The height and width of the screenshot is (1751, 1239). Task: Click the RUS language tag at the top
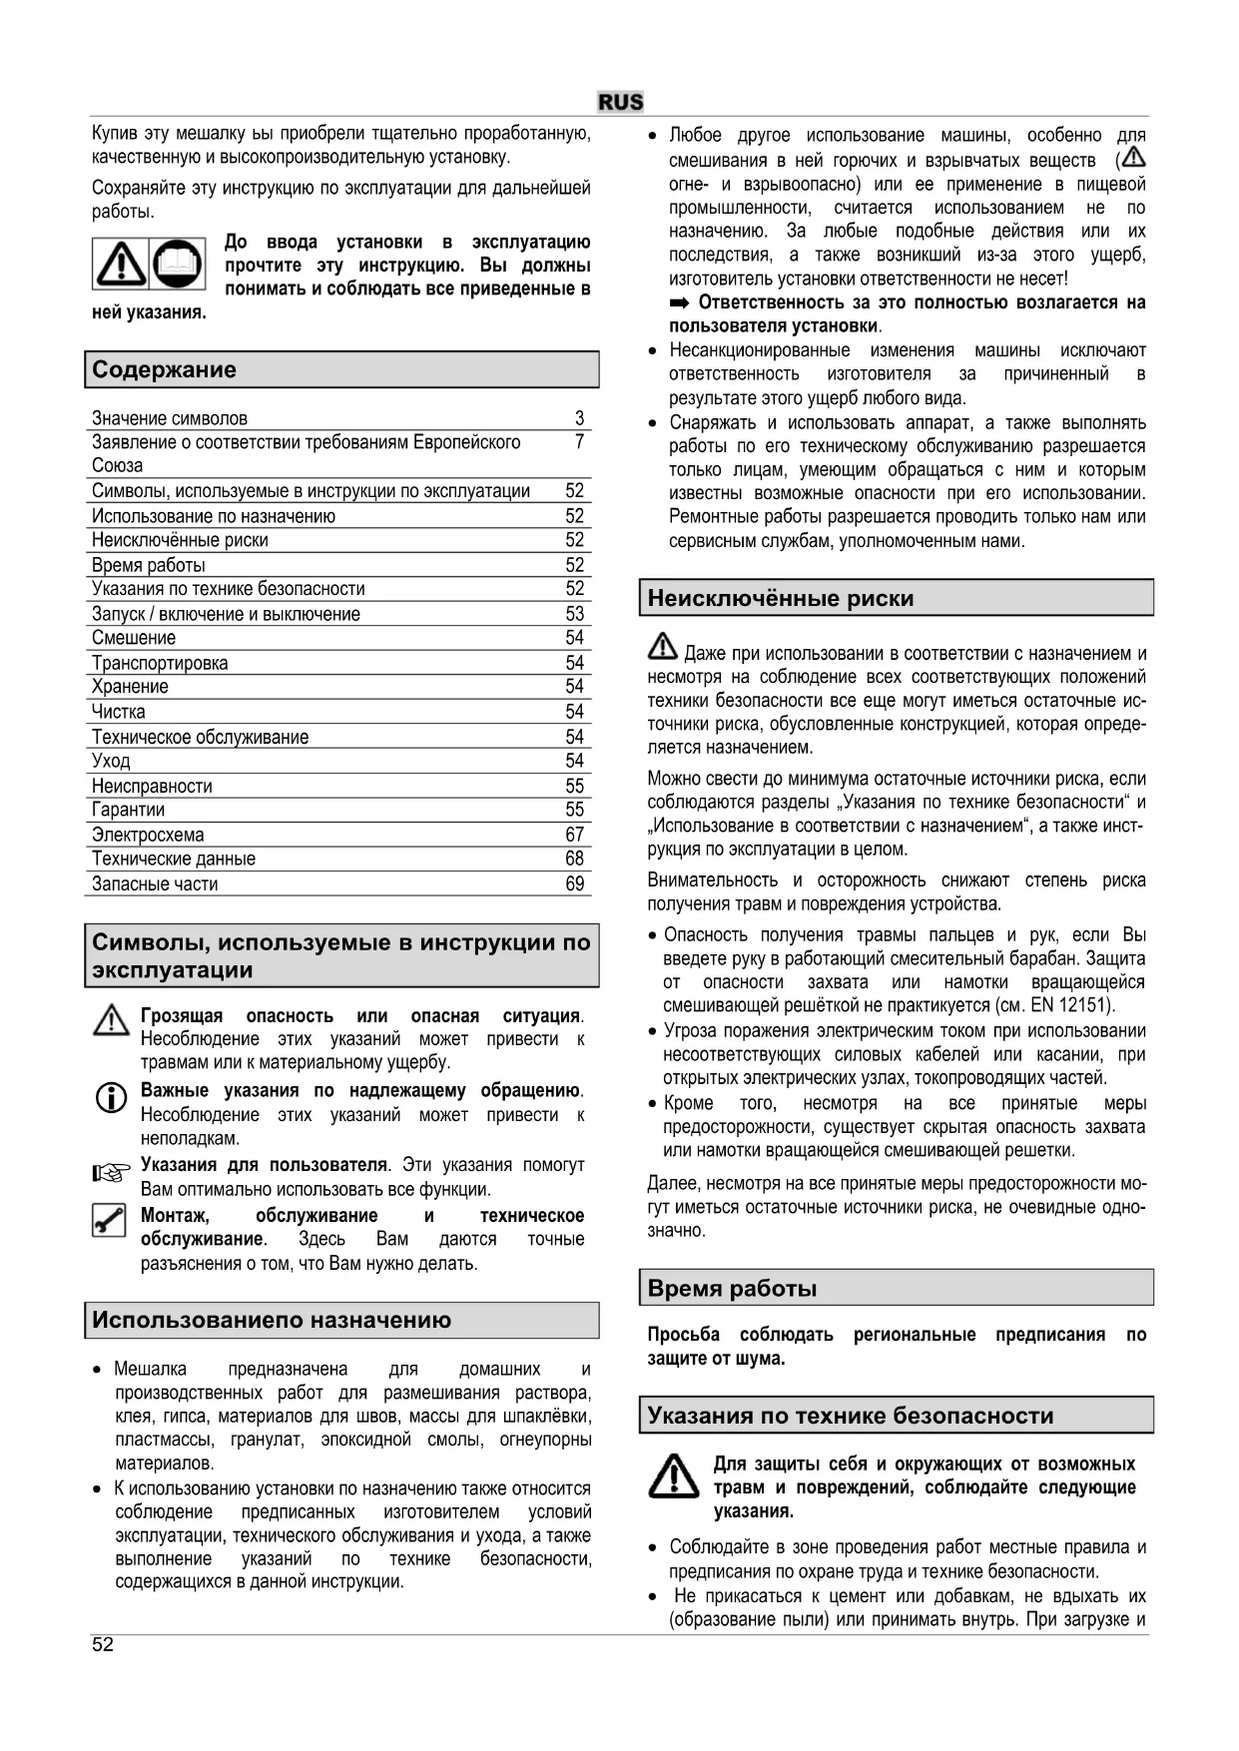click(620, 102)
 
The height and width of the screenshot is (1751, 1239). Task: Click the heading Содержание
click(165, 369)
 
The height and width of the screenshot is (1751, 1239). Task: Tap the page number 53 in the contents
click(574, 614)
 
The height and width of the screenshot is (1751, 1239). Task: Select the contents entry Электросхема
click(148, 835)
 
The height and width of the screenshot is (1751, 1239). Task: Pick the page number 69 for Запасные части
click(574, 883)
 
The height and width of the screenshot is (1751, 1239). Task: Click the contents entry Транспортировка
click(160, 663)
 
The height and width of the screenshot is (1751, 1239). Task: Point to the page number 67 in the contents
click(574, 835)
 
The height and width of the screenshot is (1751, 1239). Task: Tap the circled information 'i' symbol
click(111, 1098)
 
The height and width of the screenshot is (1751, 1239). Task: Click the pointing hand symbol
click(111, 1173)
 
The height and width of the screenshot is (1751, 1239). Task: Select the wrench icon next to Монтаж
click(109, 1220)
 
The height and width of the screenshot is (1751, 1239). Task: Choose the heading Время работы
click(732, 1289)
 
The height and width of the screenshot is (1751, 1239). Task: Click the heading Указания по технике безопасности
click(850, 1416)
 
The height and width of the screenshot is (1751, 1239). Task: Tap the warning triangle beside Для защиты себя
click(674, 1476)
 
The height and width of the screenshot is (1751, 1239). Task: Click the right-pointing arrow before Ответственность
click(680, 302)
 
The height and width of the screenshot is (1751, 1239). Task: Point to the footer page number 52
click(103, 1645)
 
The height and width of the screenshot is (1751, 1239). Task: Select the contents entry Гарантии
click(128, 810)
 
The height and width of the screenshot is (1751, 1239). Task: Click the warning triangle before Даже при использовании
click(662, 648)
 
